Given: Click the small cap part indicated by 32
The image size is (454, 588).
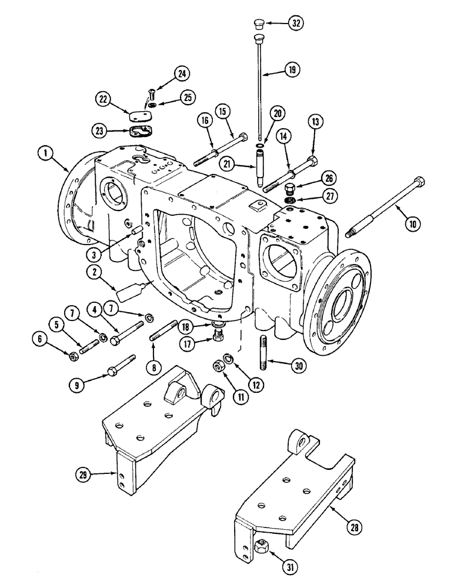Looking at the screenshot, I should click(258, 24).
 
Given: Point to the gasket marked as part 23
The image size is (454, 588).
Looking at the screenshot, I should click(141, 132).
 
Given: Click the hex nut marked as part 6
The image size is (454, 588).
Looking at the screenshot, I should click(72, 356).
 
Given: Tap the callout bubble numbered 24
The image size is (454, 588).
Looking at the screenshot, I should click(182, 73).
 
